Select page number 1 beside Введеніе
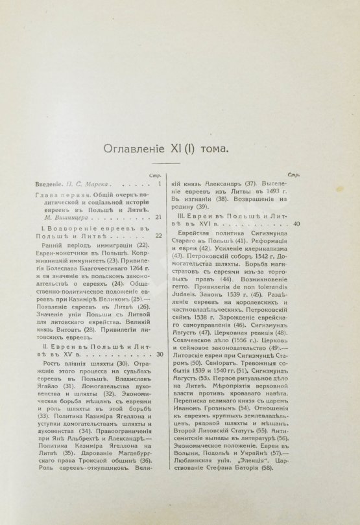[x=159, y=184]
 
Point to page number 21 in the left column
[x=158, y=217]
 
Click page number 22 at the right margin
[x=158, y=235]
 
